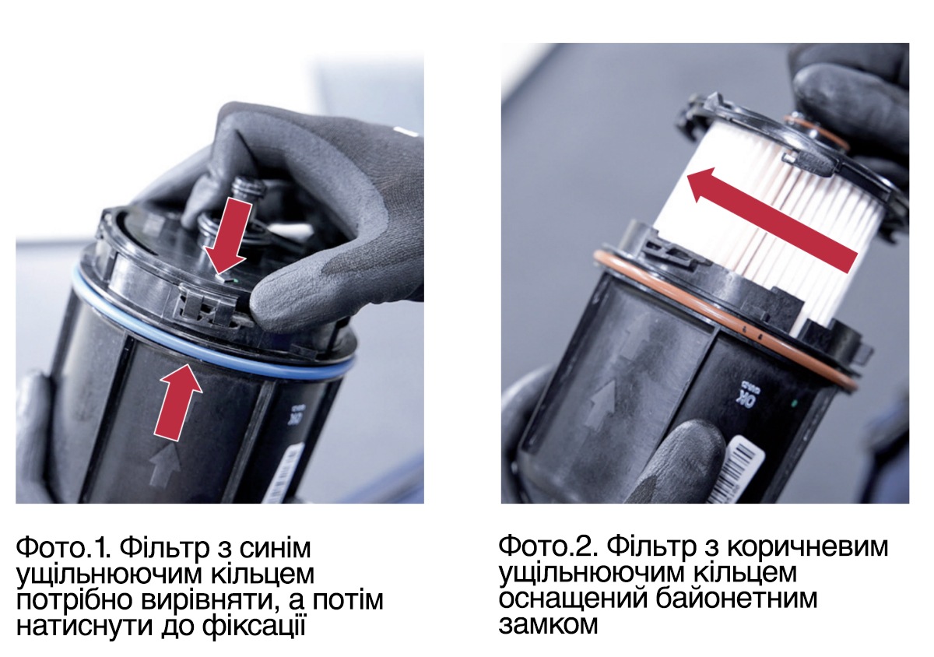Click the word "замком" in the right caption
(548, 624)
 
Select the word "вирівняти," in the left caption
(211, 600)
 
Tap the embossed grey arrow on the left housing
(165, 465)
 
